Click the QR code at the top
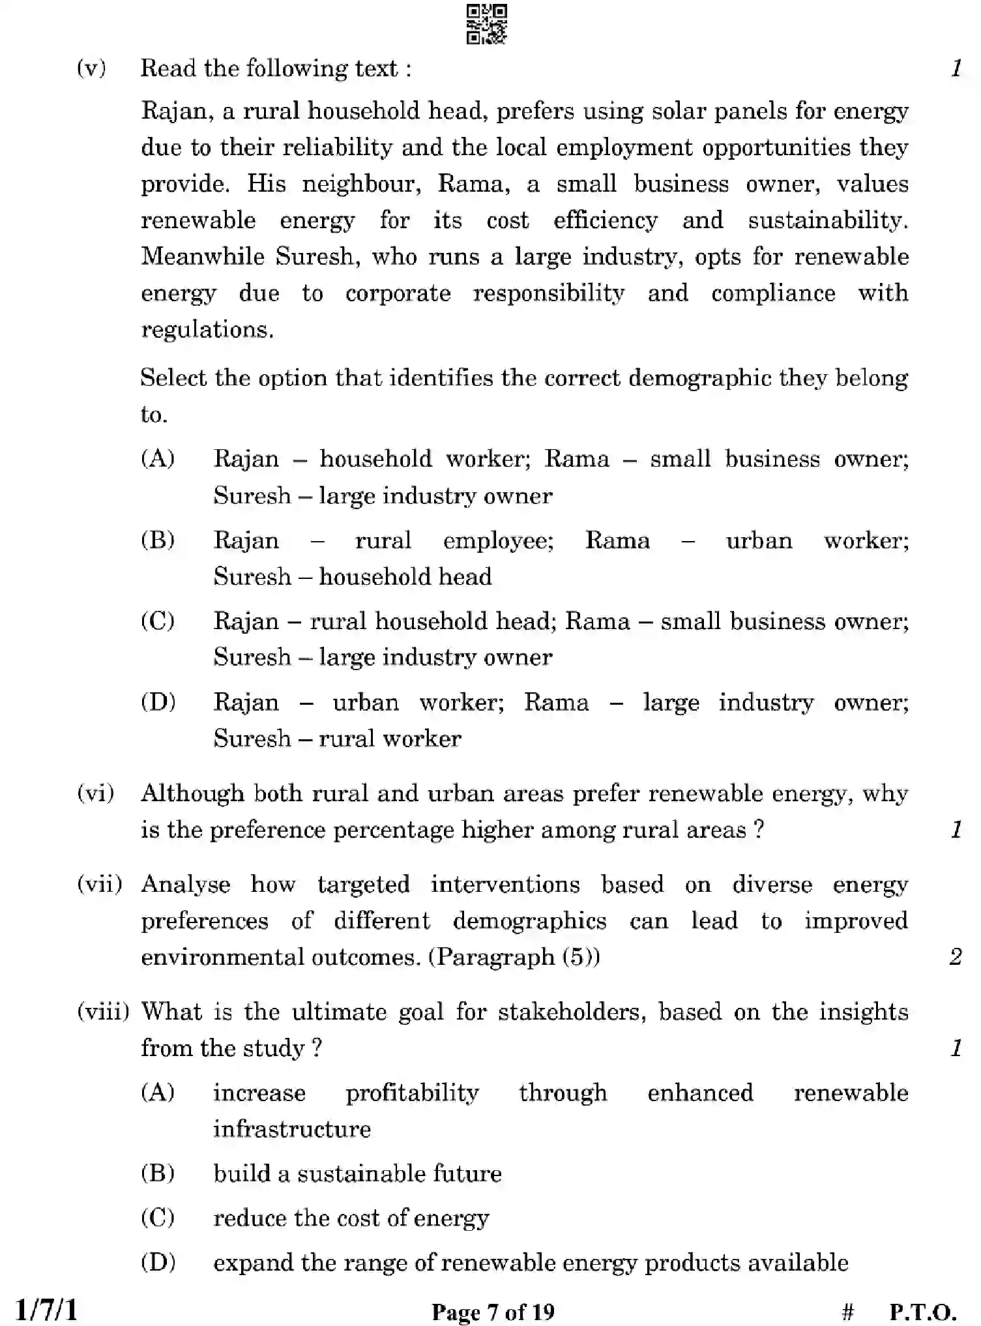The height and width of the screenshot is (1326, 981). pyautogui.click(x=486, y=24)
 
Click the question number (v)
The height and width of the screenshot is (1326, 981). pyautogui.click(x=91, y=68)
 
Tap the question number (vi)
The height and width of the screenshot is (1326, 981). pyautogui.click(x=95, y=793)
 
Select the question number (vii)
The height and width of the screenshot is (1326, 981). pyautogui.click(x=99, y=884)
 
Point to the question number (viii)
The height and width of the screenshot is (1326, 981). pyautogui.click(x=103, y=1011)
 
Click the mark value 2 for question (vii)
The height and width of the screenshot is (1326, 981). pyautogui.click(x=956, y=956)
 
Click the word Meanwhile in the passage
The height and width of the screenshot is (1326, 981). pyautogui.click(x=203, y=256)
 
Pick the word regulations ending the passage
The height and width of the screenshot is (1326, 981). pyautogui.click(x=207, y=329)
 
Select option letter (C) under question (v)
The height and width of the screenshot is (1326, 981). pyautogui.click(x=158, y=621)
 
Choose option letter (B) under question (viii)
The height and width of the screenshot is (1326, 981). pyautogui.click(x=158, y=1173)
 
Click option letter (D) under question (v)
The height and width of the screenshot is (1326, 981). pyautogui.click(x=158, y=702)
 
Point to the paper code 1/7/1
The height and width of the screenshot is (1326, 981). pyautogui.click(x=46, y=1309)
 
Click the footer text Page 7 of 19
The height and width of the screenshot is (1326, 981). pyautogui.click(x=493, y=1311)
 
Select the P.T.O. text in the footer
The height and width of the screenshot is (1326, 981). pyautogui.click(x=922, y=1311)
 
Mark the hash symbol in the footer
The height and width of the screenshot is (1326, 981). pyautogui.click(x=847, y=1311)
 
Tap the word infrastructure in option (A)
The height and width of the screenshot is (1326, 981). pyautogui.click(x=292, y=1128)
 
